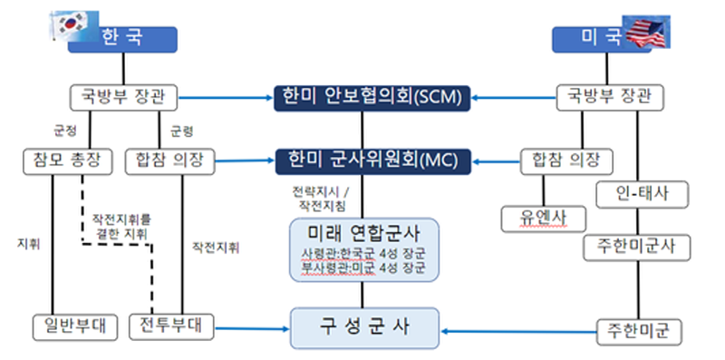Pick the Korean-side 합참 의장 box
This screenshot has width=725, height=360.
(170, 161)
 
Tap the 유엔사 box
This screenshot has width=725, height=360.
(543, 218)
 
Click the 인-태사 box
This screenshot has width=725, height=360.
(643, 193)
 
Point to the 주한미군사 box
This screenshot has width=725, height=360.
(643, 246)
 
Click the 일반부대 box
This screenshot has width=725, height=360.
(74, 325)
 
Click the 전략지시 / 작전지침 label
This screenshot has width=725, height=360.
(313, 199)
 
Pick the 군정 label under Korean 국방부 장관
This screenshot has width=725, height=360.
(65, 129)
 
